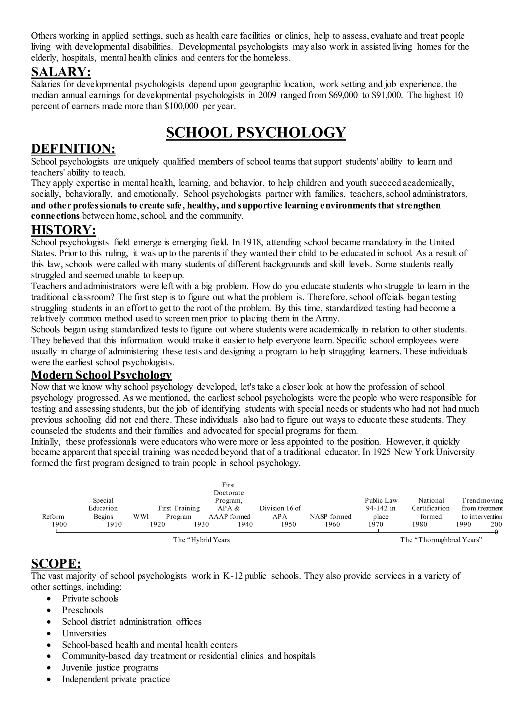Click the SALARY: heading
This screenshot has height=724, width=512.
click(x=61, y=72)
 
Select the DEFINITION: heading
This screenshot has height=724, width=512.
click(x=73, y=149)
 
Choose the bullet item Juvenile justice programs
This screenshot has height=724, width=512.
click(x=110, y=667)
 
